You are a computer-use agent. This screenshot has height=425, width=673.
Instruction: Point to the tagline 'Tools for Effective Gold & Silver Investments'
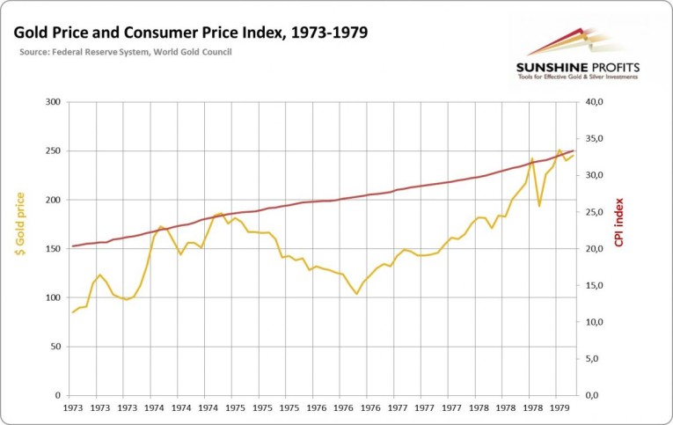pyautogui.click(x=577, y=79)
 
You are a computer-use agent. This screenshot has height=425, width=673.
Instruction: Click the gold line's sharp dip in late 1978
pyautogui.click(x=539, y=206)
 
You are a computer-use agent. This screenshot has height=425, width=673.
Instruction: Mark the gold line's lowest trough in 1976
pyautogui.click(x=356, y=294)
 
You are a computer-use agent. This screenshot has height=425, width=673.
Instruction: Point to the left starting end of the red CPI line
pyautogui.click(x=73, y=246)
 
